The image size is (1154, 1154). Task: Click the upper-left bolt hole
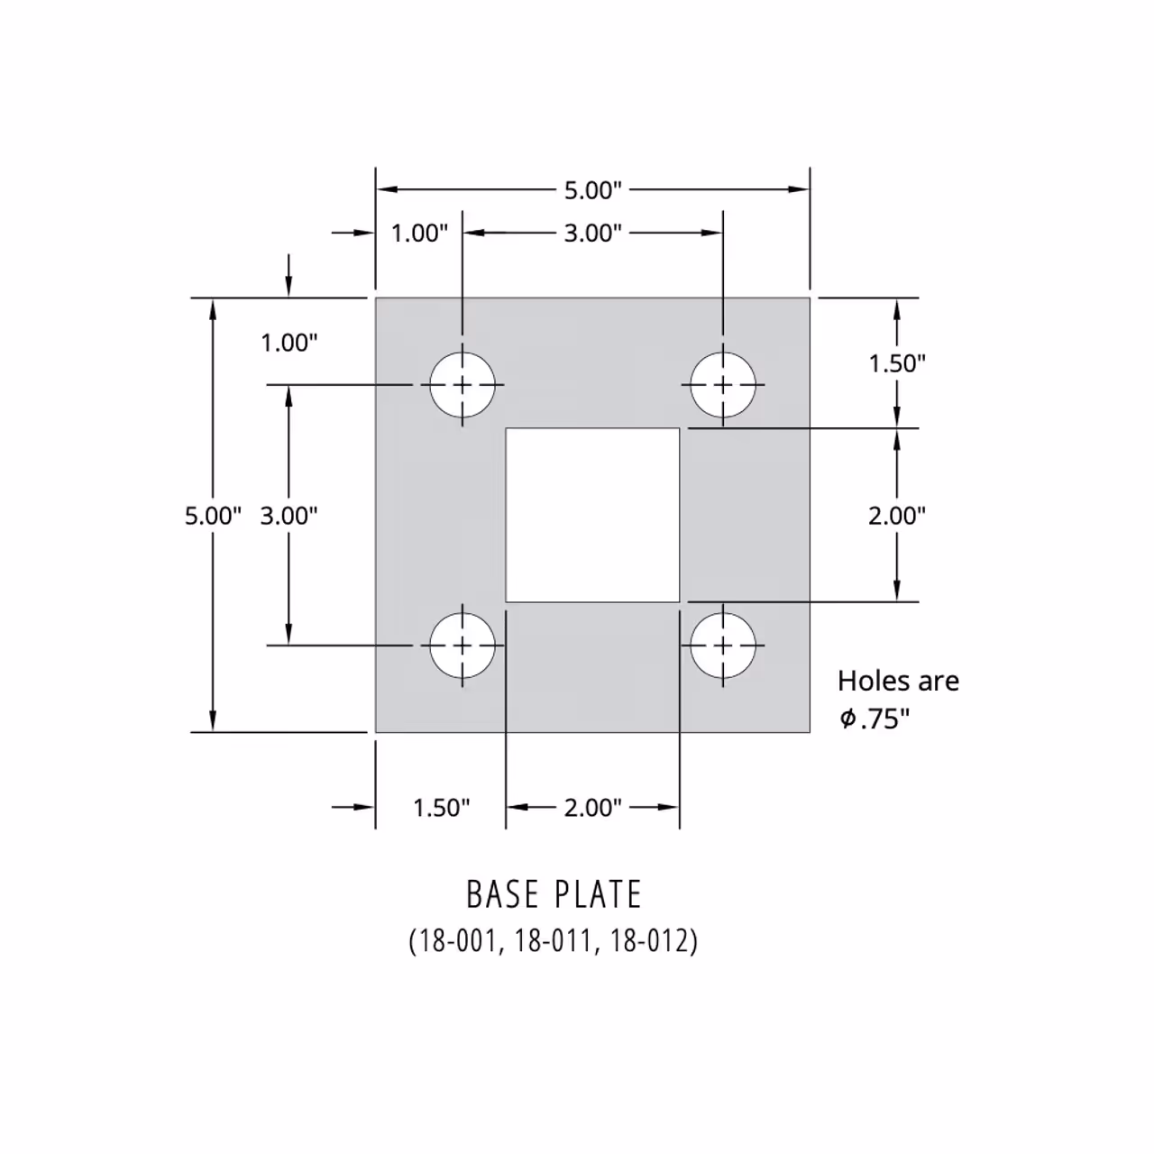pos(463,385)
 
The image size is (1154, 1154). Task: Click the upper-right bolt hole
pos(723,385)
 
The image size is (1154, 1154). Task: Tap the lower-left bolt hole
pos(463,646)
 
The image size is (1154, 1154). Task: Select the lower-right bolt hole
pos(723,646)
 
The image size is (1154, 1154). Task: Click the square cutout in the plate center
pos(592,515)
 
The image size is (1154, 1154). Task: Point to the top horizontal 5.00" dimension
pos(592,190)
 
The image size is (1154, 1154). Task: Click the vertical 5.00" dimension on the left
pos(213,516)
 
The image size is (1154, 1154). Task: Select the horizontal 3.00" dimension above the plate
pos(592,234)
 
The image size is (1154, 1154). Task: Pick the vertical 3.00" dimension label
pos(288,516)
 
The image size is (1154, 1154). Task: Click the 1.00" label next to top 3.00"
pos(419,234)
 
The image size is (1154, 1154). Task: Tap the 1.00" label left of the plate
pos(288,343)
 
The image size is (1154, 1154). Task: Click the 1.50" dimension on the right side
pos(897,363)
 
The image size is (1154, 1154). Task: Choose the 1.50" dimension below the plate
pos(441,808)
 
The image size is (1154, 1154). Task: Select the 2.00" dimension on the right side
pos(897,516)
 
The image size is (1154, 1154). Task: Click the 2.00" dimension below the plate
pos(592,808)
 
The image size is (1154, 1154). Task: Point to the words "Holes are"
pos(898,681)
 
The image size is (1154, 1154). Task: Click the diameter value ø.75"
pos(875,719)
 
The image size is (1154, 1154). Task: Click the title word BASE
pos(499,894)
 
